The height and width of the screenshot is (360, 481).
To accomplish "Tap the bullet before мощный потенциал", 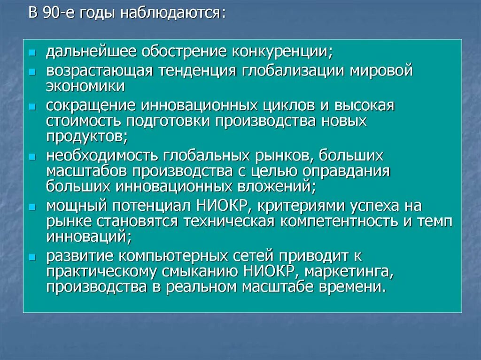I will pos(31,206).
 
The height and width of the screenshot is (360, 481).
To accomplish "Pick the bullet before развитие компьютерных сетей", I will pos(31,256).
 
